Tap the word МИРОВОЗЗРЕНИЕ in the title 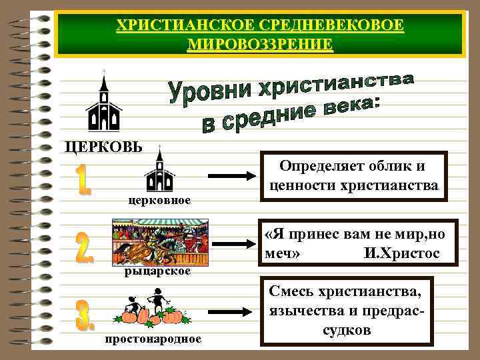(260, 45)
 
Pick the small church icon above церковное (159, 172)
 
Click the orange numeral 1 (83, 181)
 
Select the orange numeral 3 (85, 315)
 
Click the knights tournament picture (160, 245)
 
